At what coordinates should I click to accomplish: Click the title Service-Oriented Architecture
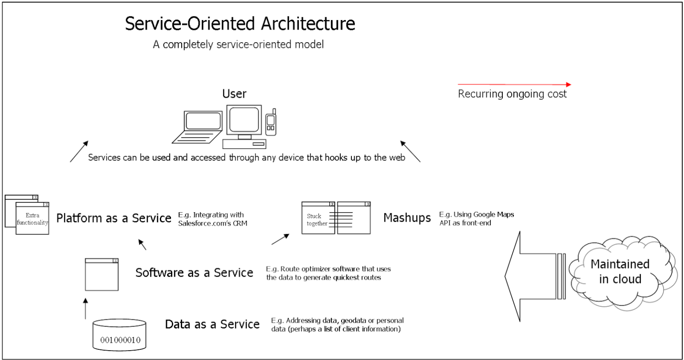point(240,24)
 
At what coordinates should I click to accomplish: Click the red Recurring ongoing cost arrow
point(514,84)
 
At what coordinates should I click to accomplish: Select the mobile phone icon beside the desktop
point(271,122)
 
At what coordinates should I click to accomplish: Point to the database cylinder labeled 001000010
point(120,335)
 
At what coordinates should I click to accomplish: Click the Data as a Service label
point(212,324)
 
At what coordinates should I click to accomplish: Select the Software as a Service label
point(194,272)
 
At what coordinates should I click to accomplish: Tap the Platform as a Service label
point(114,218)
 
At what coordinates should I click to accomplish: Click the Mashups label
point(407,218)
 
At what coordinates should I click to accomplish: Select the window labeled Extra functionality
point(32,218)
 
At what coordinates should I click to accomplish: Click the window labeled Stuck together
point(318,218)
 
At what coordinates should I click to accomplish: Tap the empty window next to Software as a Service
point(102,275)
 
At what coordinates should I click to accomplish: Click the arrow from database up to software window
point(85,308)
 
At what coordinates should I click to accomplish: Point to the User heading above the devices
point(234,94)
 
